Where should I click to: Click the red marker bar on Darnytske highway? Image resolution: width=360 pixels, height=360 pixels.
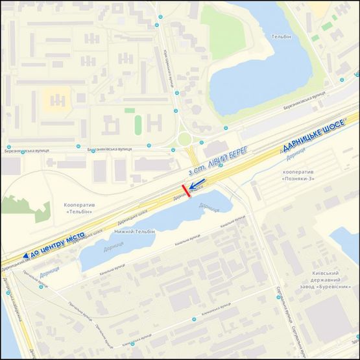[x=186, y=191]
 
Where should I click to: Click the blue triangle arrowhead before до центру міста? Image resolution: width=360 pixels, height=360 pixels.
[x=25, y=257]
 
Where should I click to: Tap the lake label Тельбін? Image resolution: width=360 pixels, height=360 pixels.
[x=280, y=37]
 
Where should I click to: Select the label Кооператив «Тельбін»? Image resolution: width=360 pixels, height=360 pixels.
[x=80, y=207]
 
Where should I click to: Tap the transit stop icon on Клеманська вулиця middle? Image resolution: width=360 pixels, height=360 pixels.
[x=132, y=344]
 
